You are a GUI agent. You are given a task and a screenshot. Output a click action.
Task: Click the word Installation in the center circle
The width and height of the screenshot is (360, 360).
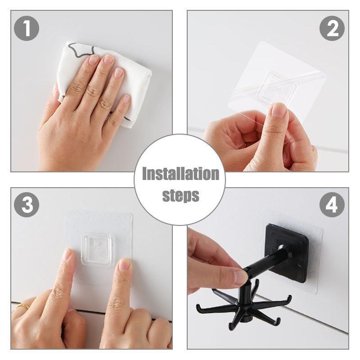tap(180, 174)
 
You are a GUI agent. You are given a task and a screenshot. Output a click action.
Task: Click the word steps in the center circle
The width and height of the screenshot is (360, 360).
tap(180, 195)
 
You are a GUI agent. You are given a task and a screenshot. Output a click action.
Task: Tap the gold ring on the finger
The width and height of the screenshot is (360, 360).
tap(23, 306)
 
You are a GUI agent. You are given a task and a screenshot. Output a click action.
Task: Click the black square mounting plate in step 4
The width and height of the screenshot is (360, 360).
tap(288, 252)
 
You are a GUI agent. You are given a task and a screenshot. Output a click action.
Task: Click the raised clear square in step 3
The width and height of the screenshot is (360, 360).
tap(96, 248)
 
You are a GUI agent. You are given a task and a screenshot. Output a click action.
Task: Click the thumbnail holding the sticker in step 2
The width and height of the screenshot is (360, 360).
tap(279, 110)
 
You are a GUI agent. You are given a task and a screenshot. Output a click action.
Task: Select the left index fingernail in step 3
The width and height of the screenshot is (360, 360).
tap(67, 255)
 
